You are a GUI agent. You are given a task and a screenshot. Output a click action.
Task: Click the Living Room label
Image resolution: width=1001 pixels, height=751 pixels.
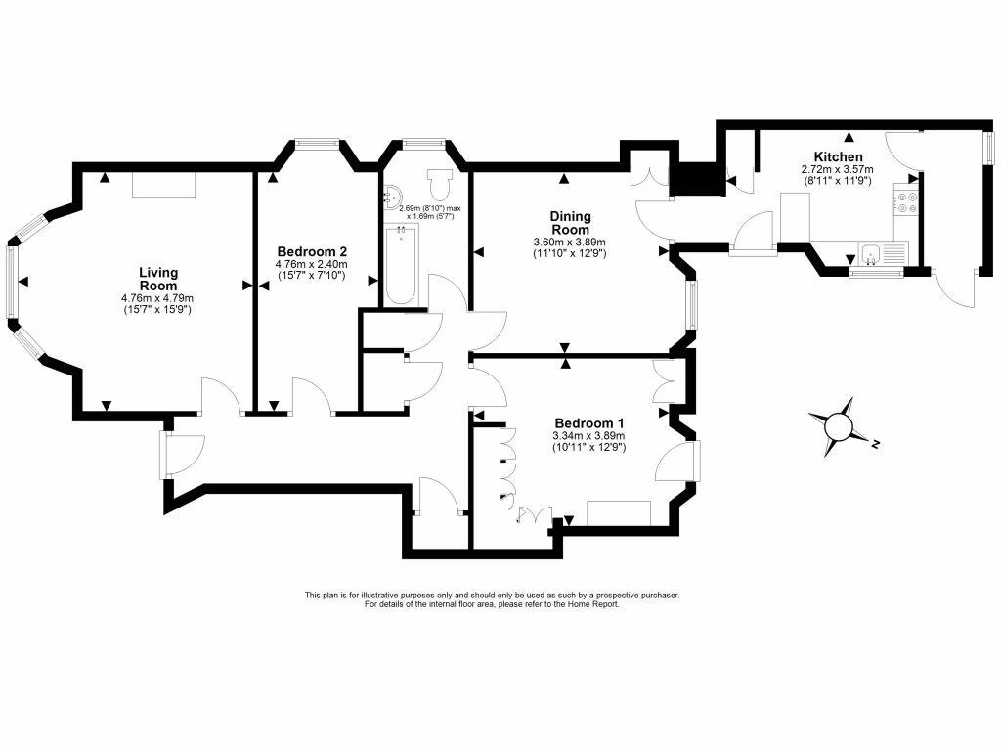(x=157, y=279)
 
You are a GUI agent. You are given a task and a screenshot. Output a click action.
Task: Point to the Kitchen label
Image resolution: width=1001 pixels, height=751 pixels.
(x=838, y=156)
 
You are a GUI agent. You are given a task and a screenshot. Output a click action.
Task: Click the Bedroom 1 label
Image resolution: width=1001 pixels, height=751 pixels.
(x=588, y=422)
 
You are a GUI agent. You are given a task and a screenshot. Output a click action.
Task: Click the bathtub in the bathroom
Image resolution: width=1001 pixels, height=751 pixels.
(x=401, y=265)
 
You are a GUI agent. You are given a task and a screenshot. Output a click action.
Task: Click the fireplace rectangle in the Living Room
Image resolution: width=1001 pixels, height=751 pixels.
(x=164, y=185)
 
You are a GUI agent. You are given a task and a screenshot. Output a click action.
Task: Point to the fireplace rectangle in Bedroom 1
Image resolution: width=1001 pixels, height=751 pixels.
(x=619, y=512)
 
